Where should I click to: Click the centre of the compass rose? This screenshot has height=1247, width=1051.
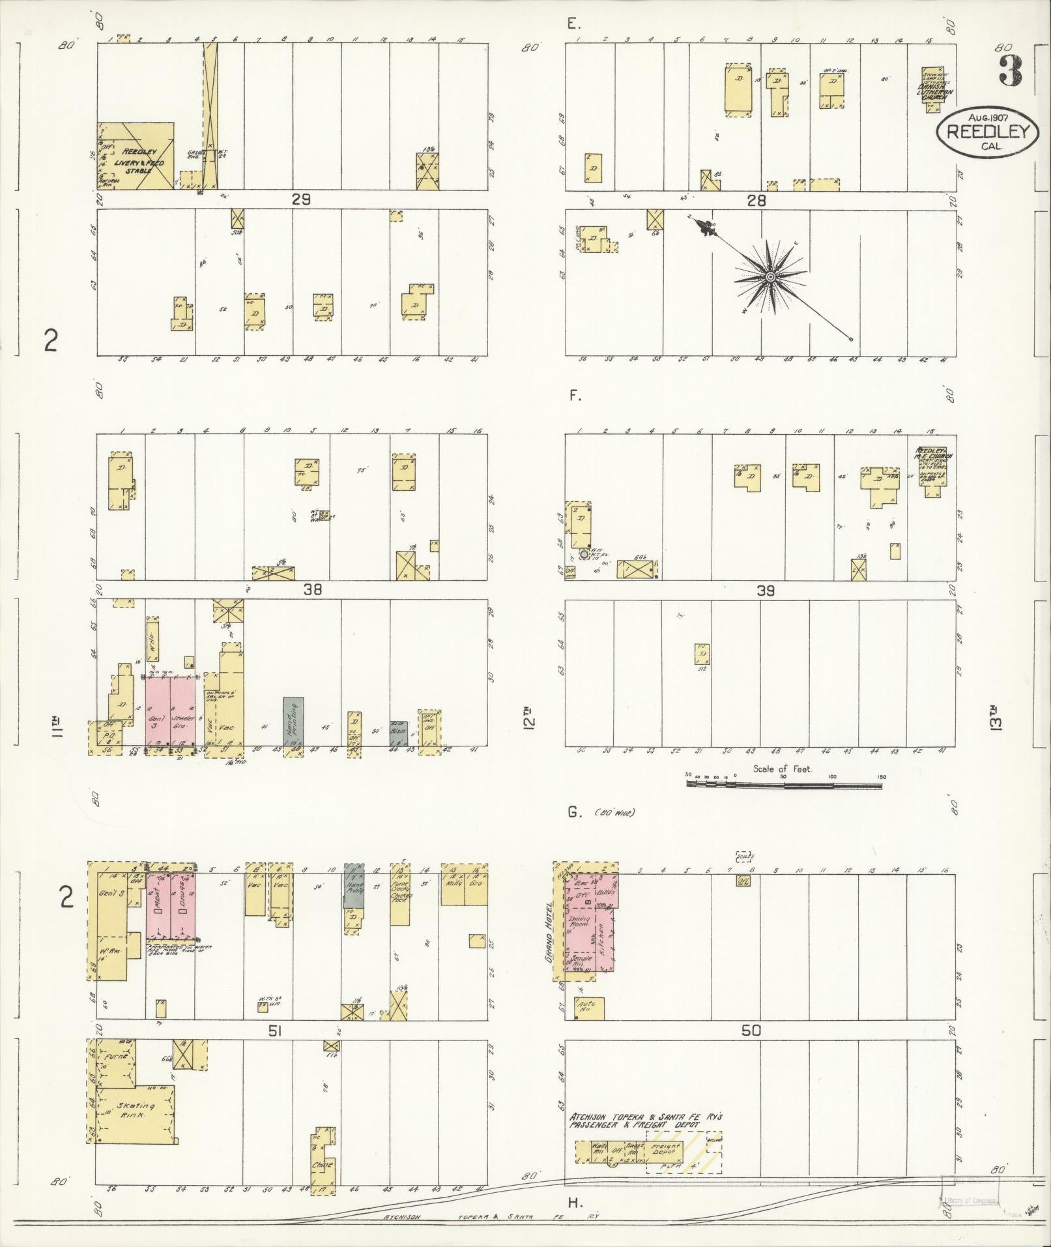pyautogui.click(x=770, y=278)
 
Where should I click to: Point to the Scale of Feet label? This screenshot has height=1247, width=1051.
pyautogui.click(x=783, y=769)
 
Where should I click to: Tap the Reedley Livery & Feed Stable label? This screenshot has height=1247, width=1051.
pyautogui.click(x=139, y=160)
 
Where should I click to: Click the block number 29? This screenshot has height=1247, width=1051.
pyautogui.click(x=301, y=200)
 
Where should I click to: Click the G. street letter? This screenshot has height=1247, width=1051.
pyautogui.click(x=574, y=812)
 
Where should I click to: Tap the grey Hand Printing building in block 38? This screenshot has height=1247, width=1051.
pyautogui.click(x=293, y=720)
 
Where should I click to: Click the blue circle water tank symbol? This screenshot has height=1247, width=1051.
pyautogui.click(x=584, y=554)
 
